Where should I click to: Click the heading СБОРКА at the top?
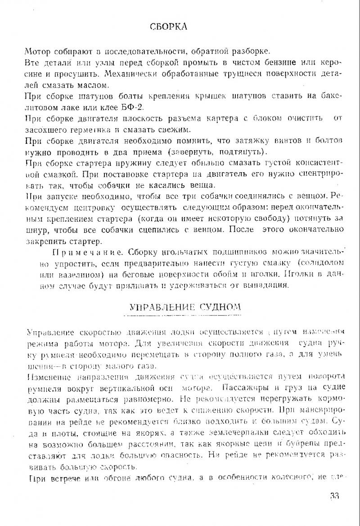click(x=168, y=27)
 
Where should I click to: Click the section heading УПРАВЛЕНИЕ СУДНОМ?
click(x=184, y=308)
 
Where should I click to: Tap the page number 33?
click(x=334, y=496)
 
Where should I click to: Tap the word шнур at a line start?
click(x=35, y=230)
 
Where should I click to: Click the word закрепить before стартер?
click(x=48, y=241)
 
